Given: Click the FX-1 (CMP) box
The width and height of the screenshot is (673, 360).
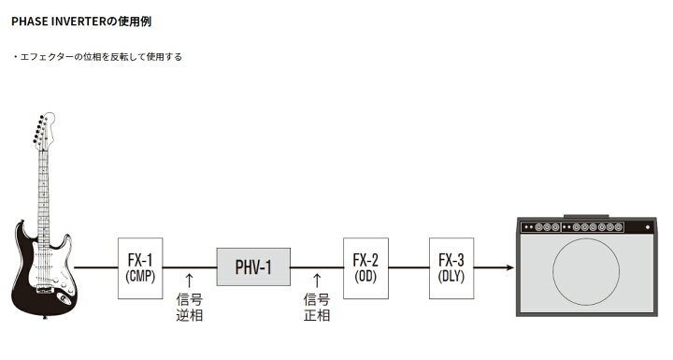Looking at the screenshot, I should pyautogui.click(x=140, y=267).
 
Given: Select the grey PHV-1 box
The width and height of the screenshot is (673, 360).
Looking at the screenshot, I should pyautogui.click(x=252, y=267).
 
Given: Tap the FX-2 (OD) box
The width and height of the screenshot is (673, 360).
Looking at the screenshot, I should pyautogui.click(x=365, y=267).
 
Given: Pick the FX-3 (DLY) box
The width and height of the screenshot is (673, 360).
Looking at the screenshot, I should pyautogui.click(x=451, y=267).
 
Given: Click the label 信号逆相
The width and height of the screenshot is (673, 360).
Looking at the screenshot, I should pyautogui.click(x=190, y=308).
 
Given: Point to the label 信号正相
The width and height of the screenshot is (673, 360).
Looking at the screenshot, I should pyautogui.click(x=317, y=308).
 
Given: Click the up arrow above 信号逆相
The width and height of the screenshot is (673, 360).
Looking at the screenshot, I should pyautogui.click(x=190, y=279).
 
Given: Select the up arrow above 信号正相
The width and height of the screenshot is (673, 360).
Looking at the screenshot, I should pyautogui.click(x=317, y=279).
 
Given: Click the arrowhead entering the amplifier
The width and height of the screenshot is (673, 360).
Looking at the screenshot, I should pyautogui.click(x=510, y=267).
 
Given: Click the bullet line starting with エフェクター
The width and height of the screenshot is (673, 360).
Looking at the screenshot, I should pyautogui.click(x=98, y=56).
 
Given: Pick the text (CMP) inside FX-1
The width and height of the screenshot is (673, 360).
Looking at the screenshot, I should pyautogui.click(x=140, y=277).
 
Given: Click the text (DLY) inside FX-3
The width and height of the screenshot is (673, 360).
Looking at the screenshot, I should pyautogui.click(x=451, y=277).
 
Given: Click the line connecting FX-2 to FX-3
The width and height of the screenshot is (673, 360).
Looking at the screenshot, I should pyautogui.click(x=408, y=267).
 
